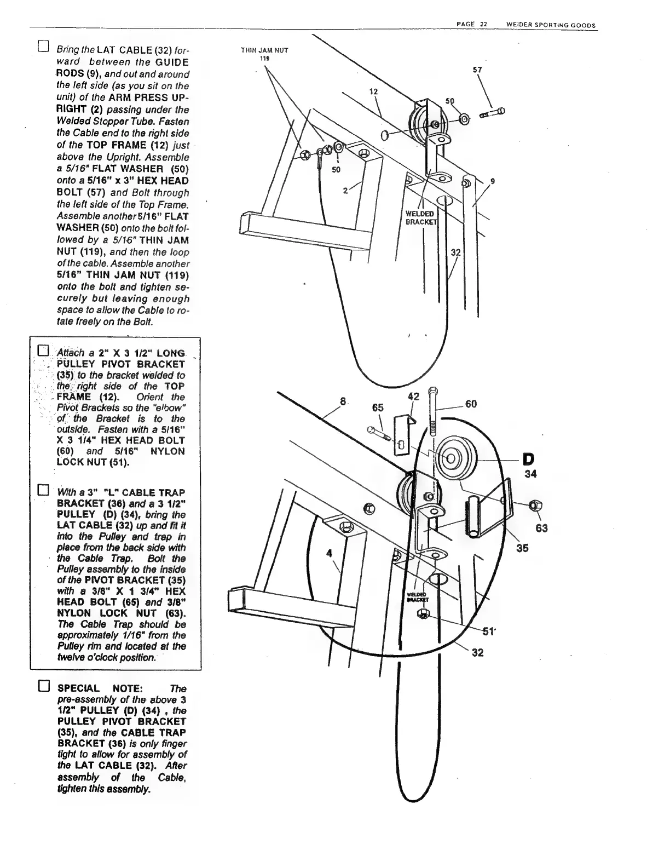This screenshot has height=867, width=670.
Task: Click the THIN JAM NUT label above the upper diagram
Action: pyautogui.click(x=264, y=50)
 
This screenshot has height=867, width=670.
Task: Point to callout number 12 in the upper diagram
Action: pyautogui.click(x=374, y=91)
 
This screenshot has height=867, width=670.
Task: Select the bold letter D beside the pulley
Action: pyautogui.click(x=529, y=458)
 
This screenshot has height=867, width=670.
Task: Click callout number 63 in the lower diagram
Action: pyautogui.click(x=542, y=528)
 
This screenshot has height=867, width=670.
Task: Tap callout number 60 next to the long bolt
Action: pyautogui.click(x=471, y=404)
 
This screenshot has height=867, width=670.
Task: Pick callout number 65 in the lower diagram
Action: pyautogui.click(x=378, y=407)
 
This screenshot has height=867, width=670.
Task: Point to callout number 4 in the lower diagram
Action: pyautogui.click(x=329, y=553)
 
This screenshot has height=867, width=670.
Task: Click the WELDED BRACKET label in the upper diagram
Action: pyautogui.click(x=420, y=217)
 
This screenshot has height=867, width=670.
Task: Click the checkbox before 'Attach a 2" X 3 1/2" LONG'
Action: pyautogui.click(x=43, y=351)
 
